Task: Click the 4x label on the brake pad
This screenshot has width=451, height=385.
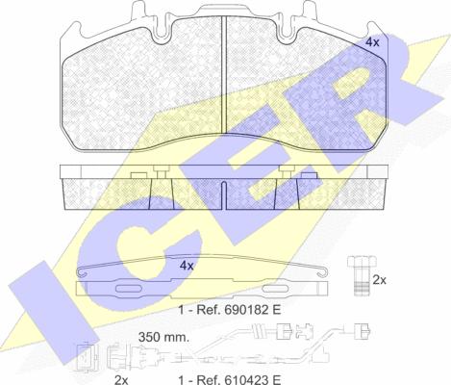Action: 372,42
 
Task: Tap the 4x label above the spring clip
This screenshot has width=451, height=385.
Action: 187,266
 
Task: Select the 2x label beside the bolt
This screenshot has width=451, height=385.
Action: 380,280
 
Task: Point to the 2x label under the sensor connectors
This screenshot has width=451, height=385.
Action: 121,380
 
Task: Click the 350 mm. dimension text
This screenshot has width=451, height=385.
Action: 163,337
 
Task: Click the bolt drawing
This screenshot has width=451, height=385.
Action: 362,275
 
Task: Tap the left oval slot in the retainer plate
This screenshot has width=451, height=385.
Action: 128,289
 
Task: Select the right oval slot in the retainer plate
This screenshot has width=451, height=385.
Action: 275,289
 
